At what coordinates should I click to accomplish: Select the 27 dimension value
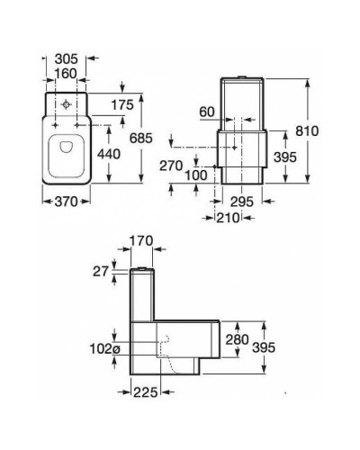point(99,272)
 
